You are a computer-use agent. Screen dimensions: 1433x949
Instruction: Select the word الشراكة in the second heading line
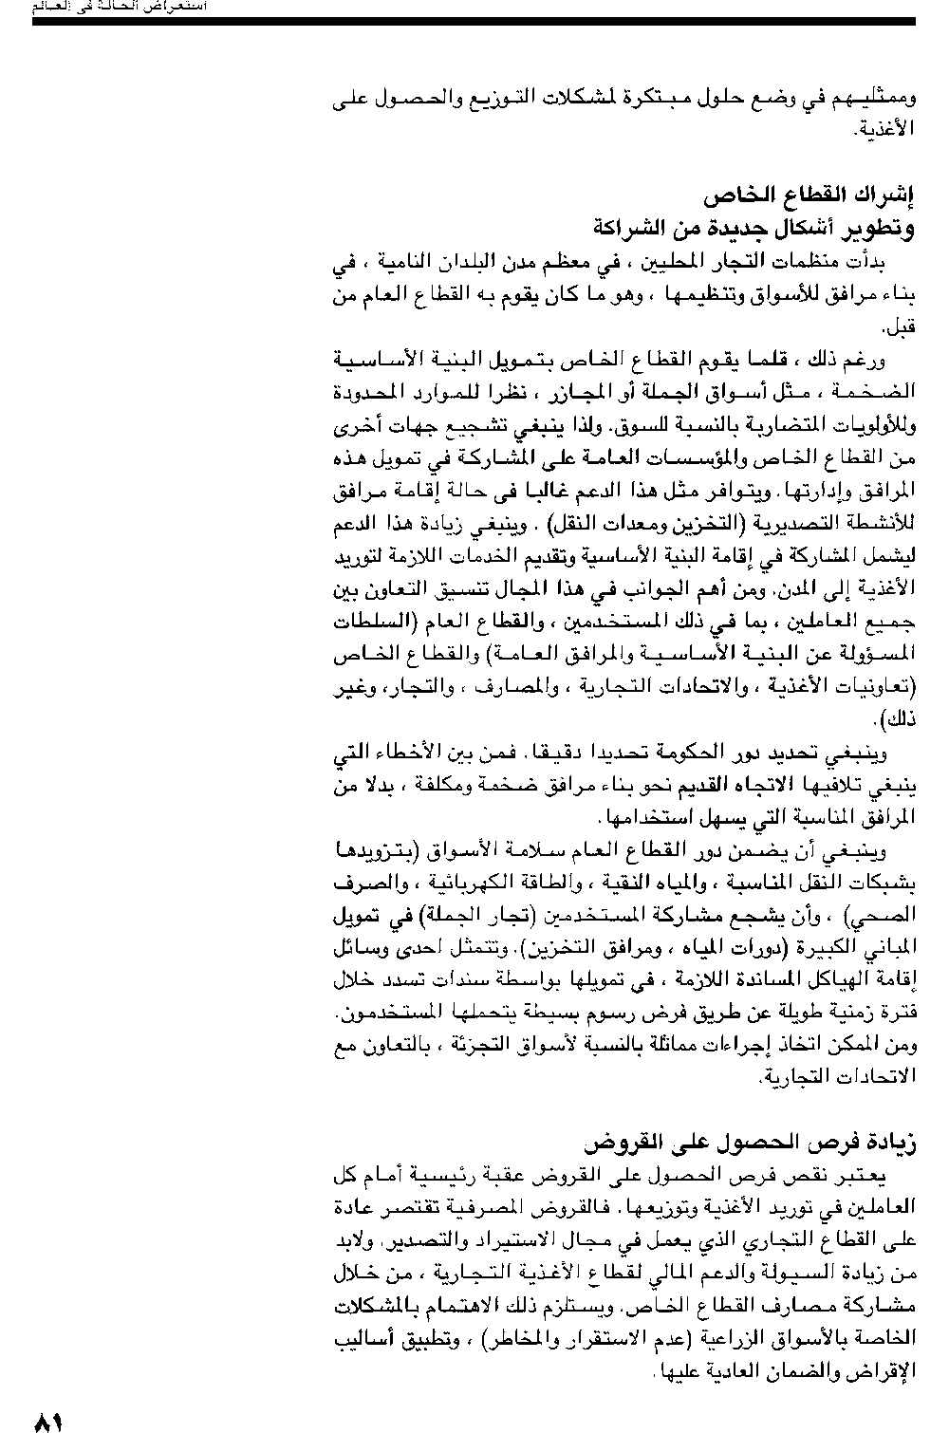click(x=633, y=228)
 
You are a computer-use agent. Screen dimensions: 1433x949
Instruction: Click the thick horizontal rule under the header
click(x=474, y=21)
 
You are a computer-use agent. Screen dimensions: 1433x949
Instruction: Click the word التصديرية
click(x=808, y=524)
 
